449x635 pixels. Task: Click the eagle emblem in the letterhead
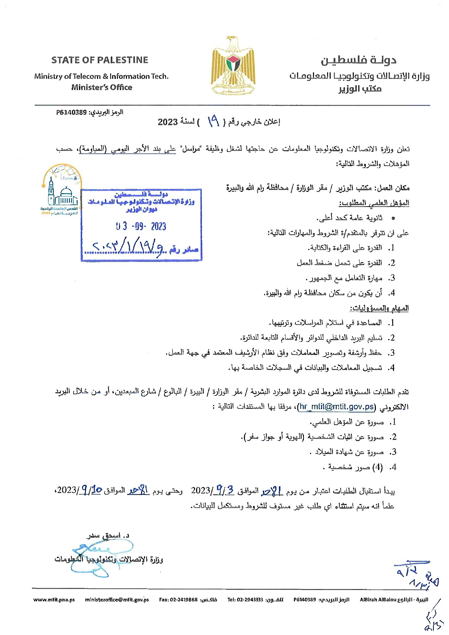(x=233, y=65)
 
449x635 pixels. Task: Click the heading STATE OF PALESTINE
(x=99, y=60)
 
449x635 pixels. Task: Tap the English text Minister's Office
(x=102, y=87)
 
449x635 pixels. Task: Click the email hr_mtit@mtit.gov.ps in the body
(x=336, y=407)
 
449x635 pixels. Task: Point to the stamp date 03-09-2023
(x=141, y=227)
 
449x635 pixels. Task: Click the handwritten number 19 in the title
(x=213, y=122)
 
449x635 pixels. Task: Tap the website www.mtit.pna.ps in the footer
(x=54, y=600)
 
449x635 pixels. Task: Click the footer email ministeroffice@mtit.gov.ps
(x=117, y=600)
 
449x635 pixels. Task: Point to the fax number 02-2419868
(x=183, y=600)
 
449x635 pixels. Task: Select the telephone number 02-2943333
(x=250, y=600)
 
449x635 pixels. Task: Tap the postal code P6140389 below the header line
(x=71, y=113)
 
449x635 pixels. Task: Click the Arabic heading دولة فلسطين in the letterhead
(x=358, y=60)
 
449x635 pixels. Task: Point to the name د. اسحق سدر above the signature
(x=108, y=535)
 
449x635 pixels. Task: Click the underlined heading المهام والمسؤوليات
(x=379, y=308)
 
